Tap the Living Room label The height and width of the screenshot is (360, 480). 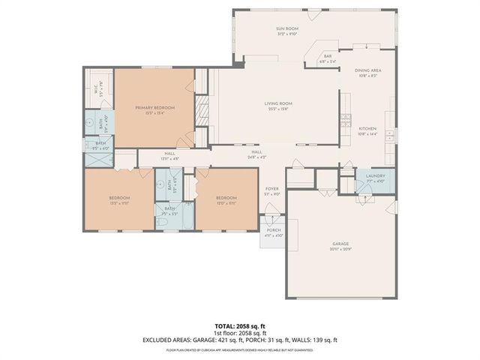tap(277, 106)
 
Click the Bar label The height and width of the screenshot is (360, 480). tap(328, 58)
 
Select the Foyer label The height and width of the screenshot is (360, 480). tap(271, 191)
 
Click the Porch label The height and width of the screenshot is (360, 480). tap(273, 233)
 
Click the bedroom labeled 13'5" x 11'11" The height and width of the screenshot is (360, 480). tap(118, 199)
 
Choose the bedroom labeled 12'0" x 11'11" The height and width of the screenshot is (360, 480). tap(226, 199)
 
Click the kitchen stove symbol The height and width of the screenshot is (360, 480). tap(345, 120)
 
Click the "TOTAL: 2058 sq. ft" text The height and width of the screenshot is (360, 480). tap(240, 326)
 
